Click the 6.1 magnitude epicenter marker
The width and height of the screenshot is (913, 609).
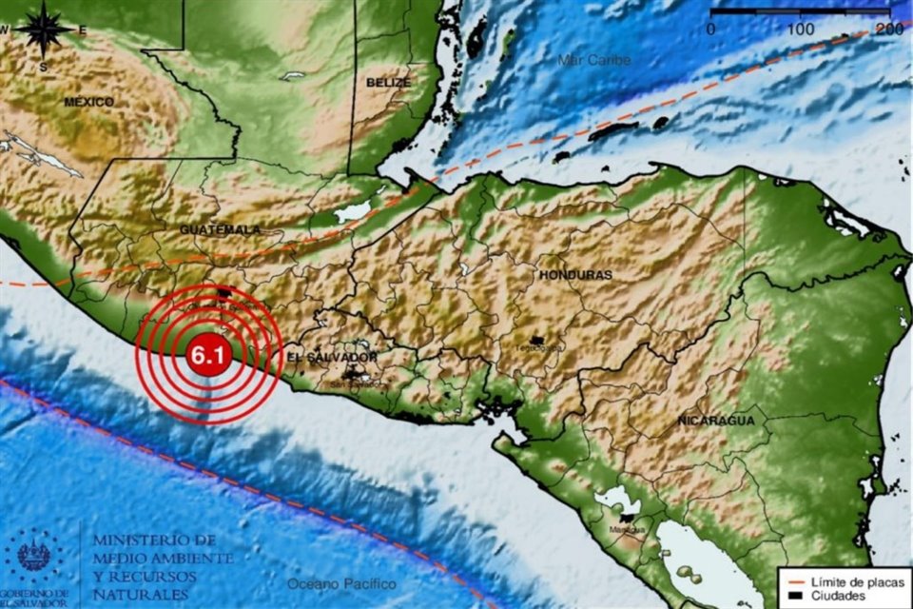[x=207, y=356]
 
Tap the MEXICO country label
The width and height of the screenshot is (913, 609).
[x=89, y=102]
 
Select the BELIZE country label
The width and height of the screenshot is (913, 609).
[x=388, y=83]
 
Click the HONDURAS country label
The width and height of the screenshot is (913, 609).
[x=575, y=274]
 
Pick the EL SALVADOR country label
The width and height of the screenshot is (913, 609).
[x=332, y=357]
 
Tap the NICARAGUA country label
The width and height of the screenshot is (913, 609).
[x=716, y=420]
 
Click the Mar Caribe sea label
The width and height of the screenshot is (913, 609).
[x=594, y=60]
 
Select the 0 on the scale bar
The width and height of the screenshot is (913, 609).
[x=711, y=29]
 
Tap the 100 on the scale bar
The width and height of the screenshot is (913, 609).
[x=801, y=29]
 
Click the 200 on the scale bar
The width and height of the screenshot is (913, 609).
[x=888, y=29]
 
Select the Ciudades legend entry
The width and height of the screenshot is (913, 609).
[x=837, y=597]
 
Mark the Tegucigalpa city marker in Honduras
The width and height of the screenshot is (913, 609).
[x=537, y=340]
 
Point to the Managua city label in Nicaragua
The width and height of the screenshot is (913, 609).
[x=624, y=529]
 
